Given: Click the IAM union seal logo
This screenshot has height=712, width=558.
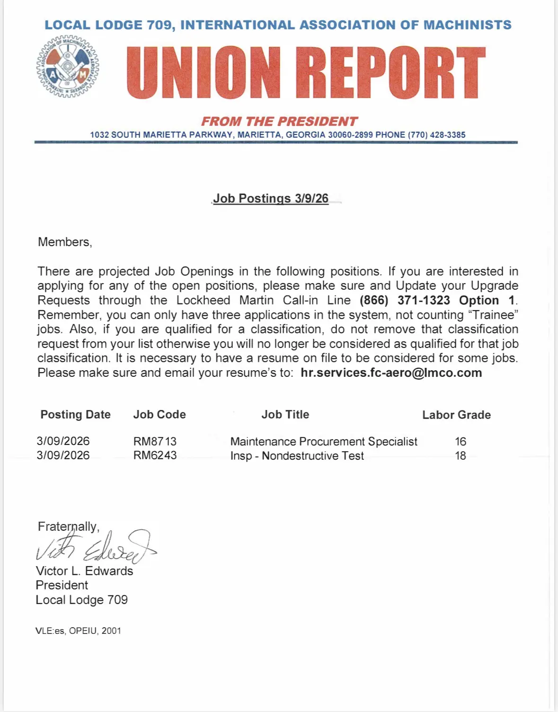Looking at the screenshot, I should point(68,67).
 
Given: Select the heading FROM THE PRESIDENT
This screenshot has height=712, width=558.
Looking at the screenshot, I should point(279,122).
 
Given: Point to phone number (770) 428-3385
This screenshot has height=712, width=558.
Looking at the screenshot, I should point(436,135).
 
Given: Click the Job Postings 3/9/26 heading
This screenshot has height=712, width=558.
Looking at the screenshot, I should point(271,198).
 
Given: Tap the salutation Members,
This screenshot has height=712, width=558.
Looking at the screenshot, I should point(65,242).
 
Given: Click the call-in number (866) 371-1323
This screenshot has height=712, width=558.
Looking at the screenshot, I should point(405,301).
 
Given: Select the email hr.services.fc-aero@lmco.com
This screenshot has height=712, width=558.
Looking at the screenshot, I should point(391,373).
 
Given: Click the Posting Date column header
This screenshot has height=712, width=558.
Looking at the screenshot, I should point(75,415).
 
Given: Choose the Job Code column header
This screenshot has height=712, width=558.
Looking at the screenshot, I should point(159,415).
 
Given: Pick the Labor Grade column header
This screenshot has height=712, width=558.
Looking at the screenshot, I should point(456,415).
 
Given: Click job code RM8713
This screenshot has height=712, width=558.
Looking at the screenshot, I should point(155,442).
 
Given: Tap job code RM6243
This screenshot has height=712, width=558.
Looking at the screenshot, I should point(155,455).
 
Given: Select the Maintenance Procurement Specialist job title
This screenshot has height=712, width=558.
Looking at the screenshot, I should point(324,442).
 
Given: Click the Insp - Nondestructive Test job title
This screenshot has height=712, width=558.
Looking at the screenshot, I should point(297,456).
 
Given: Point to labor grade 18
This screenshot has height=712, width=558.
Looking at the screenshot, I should point(461,456).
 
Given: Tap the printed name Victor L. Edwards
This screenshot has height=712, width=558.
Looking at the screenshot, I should point(84,571).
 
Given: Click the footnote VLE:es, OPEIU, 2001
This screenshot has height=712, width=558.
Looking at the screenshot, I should point(78,631).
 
